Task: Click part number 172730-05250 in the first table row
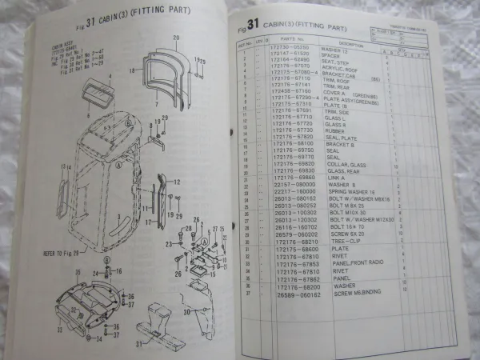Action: (290, 49)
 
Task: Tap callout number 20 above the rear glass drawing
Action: (174, 38)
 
